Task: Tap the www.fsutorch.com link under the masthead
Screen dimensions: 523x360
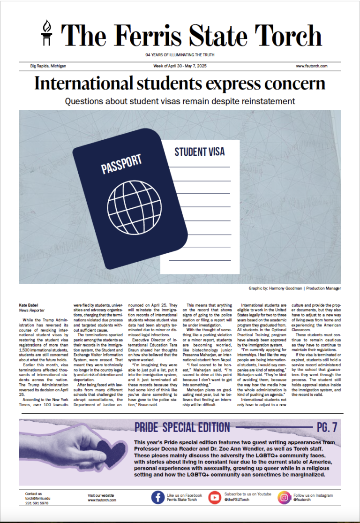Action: pyautogui.click(x=311, y=67)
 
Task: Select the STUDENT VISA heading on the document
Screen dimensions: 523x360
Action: pyautogui.click(x=199, y=152)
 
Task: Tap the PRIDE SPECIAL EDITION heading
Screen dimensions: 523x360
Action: pyautogui.click(x=182, y=427)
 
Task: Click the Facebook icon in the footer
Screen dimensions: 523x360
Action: pyautogui.click(x=157, y=498)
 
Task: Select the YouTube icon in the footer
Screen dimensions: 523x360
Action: pyautogui.click(x=215, y=498)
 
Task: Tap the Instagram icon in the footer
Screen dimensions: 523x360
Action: pyautogui.click(x=284, y=498)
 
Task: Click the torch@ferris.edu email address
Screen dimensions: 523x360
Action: pyautogui.click(x=37, y=498)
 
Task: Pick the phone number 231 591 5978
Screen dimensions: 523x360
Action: pyautogui.click(x=37, y=503)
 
